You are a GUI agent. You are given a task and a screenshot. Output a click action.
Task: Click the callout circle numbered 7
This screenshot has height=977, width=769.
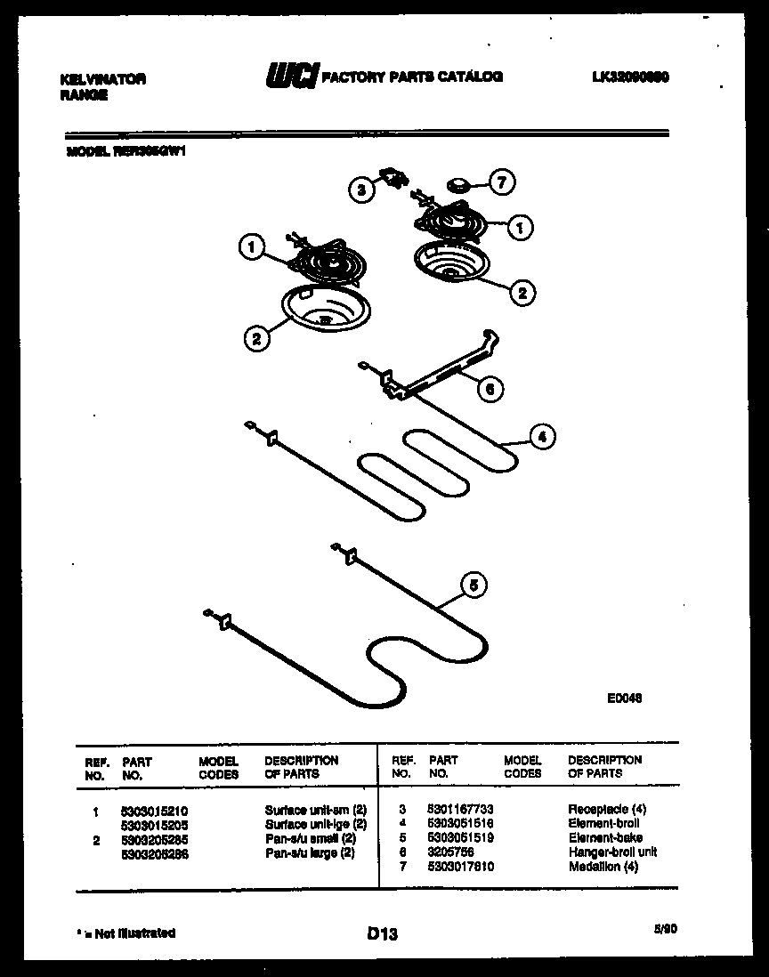click(x=502, y=183)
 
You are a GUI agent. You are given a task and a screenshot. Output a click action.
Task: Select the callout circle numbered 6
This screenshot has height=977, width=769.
click(x=489, y=388)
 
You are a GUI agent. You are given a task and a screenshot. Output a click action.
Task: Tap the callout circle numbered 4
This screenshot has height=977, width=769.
click(x=541, y=436)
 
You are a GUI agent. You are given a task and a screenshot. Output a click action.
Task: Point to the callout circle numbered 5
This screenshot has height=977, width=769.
click(x=474, y=585)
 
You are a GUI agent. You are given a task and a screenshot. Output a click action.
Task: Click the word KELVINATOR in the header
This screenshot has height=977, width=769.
click(x=102, y=79)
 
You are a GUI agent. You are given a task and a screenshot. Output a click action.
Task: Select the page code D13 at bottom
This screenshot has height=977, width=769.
click(x=382, y=934)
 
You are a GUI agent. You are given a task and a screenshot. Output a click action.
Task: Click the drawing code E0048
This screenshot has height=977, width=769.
click(x=624, y=698)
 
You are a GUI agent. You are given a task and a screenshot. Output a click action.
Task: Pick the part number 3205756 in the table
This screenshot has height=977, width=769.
click(x=449, y=852)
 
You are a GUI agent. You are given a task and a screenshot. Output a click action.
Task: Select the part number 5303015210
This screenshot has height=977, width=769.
click(x=154, y=811)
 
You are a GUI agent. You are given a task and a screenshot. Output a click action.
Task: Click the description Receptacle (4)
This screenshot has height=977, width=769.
click(x=607, y=809)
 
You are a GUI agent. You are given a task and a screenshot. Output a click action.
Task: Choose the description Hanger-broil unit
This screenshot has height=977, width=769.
click(x=612, y=852)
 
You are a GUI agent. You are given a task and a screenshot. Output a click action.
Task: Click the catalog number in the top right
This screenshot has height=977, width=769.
click(x=629, y=77)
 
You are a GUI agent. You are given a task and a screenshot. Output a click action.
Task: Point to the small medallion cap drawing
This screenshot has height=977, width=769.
click(x=460, y=184)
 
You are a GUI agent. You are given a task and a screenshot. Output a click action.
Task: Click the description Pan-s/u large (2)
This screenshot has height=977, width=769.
click(x=310, y=853)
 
